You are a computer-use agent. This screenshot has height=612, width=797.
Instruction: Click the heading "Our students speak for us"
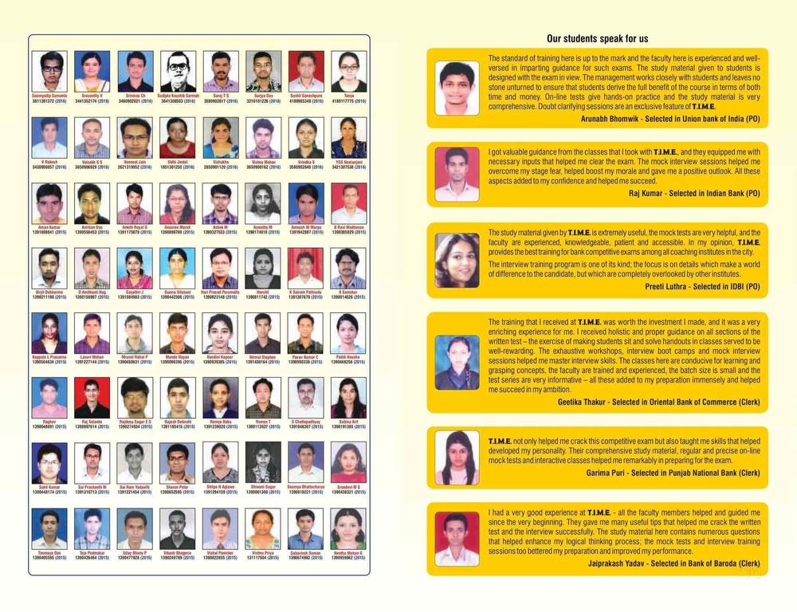point(597,38)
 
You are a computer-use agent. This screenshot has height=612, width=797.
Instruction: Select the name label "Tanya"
point(349,96)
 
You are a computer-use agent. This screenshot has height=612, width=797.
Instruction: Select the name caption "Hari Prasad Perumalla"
point(221,292)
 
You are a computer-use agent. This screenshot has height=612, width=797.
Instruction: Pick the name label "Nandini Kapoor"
point(221,357)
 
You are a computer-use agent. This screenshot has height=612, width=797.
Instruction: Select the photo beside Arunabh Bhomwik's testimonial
point(457,88)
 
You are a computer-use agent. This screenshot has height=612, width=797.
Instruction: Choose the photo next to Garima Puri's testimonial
point(457,457)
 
